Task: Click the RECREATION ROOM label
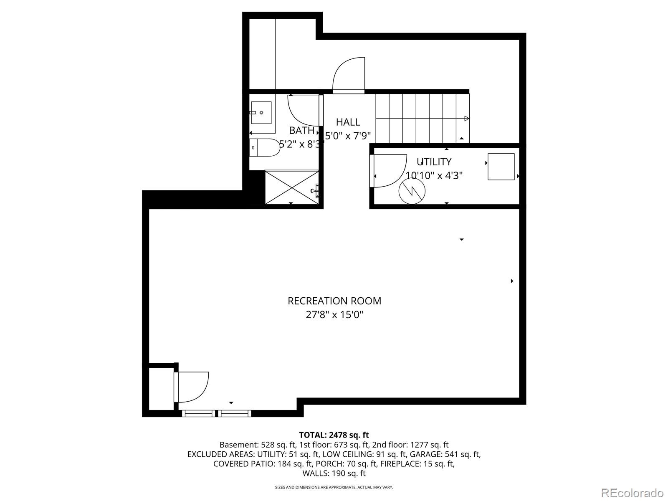(334, 301)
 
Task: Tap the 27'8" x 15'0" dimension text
(334, 314)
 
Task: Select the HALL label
(348, 122)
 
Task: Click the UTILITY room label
(434, 162)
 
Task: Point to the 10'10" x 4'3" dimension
(434, 175)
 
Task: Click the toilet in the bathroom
(264, 147)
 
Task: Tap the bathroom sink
(261, 113)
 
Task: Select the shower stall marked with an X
(292, 187)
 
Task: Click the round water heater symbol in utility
(412, 191)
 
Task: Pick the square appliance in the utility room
(501, 167)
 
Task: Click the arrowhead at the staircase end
(466, 119)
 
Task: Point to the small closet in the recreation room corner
(161, 389)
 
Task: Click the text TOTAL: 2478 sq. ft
(334, 435)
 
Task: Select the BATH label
(301, 131)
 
